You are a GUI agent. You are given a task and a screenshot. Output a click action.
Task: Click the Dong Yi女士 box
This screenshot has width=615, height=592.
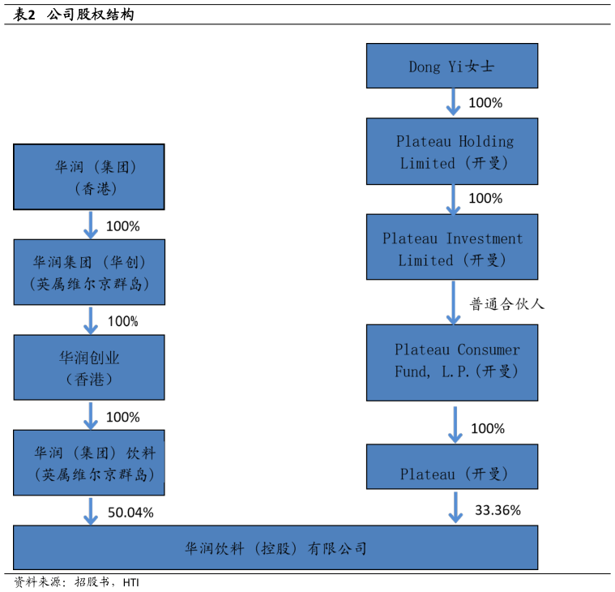pos(451,66)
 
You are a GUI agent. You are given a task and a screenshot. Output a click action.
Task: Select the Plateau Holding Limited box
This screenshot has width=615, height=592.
pos(451,152)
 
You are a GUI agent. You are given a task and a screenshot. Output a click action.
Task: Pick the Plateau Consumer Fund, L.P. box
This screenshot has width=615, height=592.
pos(451,362)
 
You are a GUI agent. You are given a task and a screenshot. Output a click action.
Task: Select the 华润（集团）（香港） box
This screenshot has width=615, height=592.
pos(89,177)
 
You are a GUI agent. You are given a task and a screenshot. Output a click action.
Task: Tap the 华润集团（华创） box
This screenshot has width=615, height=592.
pos(89,272)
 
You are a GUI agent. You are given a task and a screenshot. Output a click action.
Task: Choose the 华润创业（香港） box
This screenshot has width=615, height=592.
pos(89,367)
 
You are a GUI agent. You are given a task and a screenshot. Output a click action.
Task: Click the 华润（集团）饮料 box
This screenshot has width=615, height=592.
pos(89,463)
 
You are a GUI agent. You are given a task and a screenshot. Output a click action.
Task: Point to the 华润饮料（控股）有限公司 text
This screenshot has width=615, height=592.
pos(275,549)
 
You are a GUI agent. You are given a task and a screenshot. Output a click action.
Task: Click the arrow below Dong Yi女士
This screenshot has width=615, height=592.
pos(454,102)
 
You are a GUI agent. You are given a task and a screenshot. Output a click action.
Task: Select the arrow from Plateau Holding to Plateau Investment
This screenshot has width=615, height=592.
pos(454,199)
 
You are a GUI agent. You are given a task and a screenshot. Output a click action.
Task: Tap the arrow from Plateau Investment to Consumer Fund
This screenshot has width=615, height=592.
pos(454,302)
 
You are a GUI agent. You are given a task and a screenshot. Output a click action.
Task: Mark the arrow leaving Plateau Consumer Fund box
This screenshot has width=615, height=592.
pos(455,423)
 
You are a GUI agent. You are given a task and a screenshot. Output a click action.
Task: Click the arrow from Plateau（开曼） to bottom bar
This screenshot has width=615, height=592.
pos(455,507)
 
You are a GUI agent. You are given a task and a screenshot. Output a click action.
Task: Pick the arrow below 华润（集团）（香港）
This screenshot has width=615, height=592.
pos(91,225)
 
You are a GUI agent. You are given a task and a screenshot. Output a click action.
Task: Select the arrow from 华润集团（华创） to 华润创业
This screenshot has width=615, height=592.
pos(91,320)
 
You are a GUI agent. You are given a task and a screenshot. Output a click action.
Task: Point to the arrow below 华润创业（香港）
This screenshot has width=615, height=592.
pos(91,415)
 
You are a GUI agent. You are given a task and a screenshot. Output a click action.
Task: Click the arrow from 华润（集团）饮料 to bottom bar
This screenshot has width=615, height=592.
pos(91,511)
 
